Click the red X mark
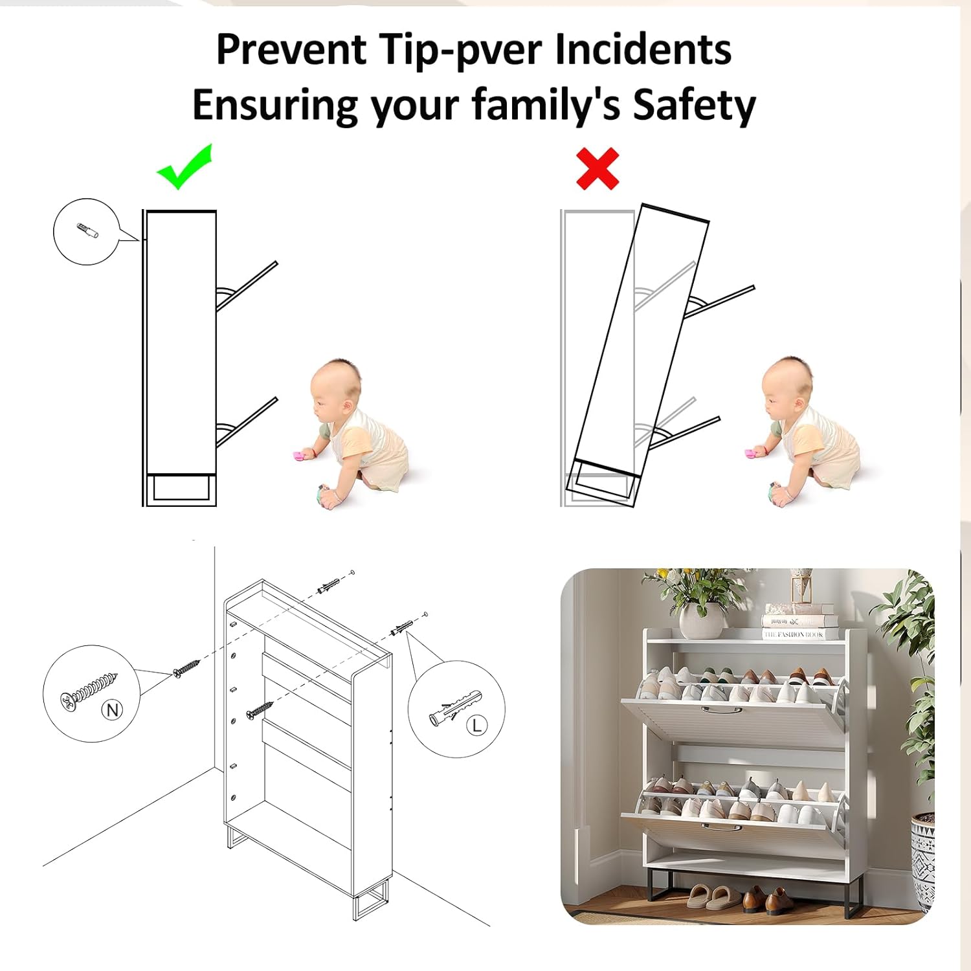597,169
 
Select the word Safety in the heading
694,105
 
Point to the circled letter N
113,710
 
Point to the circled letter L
477,725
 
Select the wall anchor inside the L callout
454,707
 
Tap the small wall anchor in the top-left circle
87,230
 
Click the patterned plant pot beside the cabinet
922,862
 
